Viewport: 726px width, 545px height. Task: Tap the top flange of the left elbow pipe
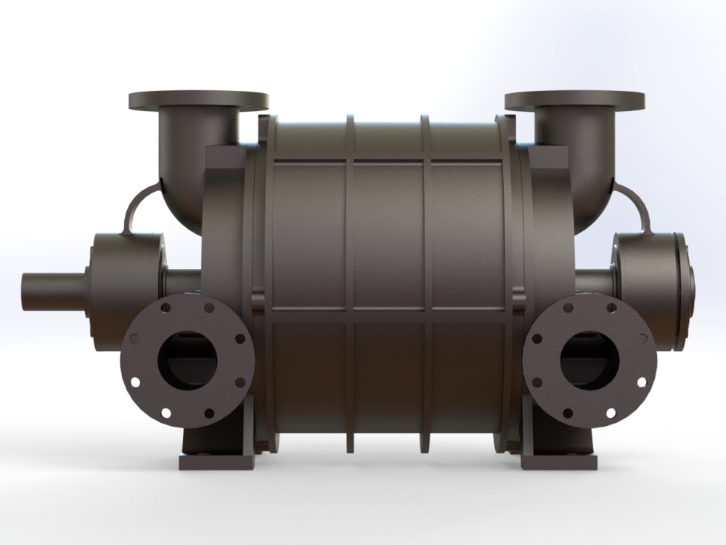point(198,100)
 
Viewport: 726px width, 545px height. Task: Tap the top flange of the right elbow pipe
point(574,100)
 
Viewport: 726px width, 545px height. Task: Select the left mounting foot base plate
point(216,461)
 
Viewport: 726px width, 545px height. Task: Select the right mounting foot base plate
point(559,461)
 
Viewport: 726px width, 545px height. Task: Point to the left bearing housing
point(123,280)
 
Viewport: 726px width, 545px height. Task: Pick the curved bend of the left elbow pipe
point(181,196)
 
